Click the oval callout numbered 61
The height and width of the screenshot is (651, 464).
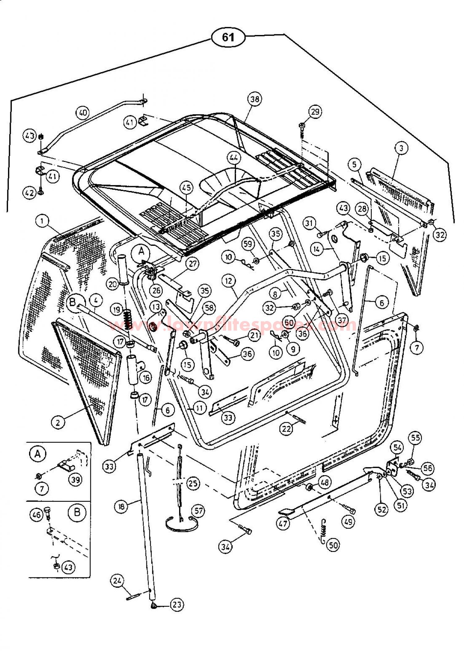click(x=228, y=37)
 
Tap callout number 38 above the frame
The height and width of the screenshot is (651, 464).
click(x=255, y=99)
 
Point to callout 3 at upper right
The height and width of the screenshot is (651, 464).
click(x=401, y=148)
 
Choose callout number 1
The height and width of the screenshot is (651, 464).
click(x=42, y=221)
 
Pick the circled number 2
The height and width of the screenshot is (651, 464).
click(x=58, y=422)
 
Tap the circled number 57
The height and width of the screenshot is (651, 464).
click(x=198, y=511)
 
